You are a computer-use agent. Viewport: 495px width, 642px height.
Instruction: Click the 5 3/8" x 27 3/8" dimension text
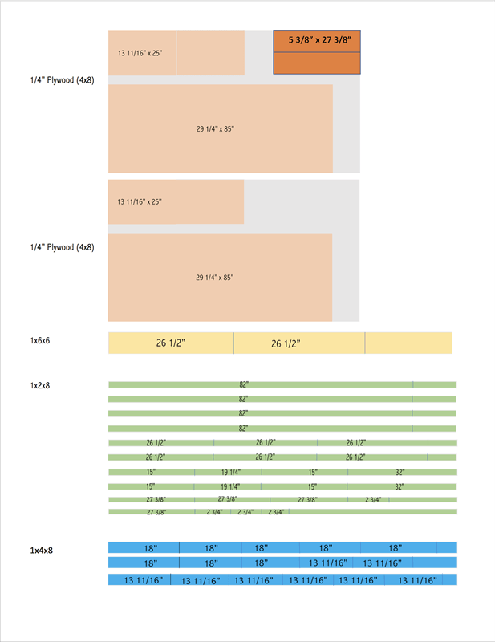(320, 39)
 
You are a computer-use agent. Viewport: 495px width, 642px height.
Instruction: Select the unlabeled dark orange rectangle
(317, 63)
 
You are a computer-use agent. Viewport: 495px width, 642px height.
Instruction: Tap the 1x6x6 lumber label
(40, 340)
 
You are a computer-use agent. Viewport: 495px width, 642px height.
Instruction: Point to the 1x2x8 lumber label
(40, 386)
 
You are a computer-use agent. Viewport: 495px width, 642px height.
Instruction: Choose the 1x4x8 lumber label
(42, 551)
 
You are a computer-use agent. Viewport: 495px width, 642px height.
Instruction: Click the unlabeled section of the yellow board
(408, 343)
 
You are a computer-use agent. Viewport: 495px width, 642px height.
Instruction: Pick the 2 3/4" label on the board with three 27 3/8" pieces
(373, 499)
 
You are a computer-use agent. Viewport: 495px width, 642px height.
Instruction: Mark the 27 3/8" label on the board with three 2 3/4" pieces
(156, 512)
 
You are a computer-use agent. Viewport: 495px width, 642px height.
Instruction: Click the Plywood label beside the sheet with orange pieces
(63, 80)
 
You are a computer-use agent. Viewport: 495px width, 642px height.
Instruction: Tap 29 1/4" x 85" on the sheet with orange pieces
(215, 129)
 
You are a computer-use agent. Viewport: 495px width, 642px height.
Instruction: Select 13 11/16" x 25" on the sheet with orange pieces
(140, 53)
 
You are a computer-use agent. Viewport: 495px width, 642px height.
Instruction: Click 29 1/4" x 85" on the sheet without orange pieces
(214, 278)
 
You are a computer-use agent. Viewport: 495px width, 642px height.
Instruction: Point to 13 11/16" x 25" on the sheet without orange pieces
(140, 202)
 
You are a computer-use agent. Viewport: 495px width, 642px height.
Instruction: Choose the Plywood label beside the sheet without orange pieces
(63, 247)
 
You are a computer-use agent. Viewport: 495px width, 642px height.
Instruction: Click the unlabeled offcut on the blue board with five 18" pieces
(447, 547)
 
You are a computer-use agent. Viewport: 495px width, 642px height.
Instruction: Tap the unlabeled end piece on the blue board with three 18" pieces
(435, 563)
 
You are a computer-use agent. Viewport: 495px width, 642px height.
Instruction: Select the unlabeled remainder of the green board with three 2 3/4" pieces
(373, 511)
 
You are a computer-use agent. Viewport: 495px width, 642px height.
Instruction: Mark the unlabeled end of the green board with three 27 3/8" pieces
(423, 499)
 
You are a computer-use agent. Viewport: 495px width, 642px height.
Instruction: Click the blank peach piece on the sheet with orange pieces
(211, 53)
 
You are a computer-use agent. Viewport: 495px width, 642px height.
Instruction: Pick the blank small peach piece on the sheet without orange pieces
(210, 202)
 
